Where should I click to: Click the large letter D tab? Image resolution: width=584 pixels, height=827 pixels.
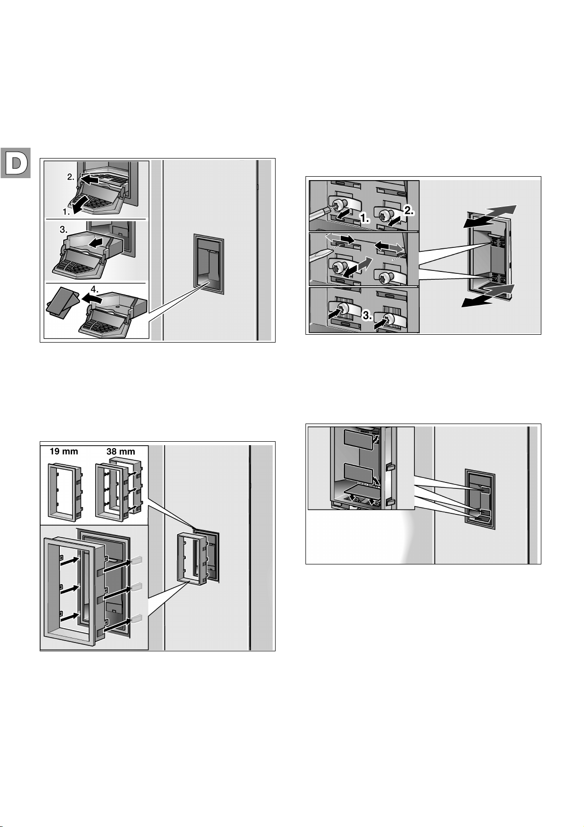click(15, 163)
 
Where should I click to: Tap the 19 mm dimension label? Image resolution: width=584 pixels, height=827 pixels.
click(64, 451)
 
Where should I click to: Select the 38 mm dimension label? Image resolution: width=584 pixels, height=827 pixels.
click(121, 451)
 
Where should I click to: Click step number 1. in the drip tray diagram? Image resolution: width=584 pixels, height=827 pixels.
click(66, 212)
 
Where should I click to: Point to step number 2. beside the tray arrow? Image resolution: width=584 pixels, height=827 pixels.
click(71, 177)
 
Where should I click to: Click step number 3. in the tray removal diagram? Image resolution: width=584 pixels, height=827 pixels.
click(63, 230)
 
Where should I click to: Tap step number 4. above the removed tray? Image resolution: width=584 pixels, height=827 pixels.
click(95, 290)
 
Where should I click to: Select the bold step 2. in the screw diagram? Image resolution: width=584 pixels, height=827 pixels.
click(409, 211)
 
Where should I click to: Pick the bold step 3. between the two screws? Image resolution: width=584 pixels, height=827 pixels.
click(367, 316)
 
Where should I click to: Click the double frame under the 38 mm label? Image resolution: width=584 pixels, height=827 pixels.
click(119, 488)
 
